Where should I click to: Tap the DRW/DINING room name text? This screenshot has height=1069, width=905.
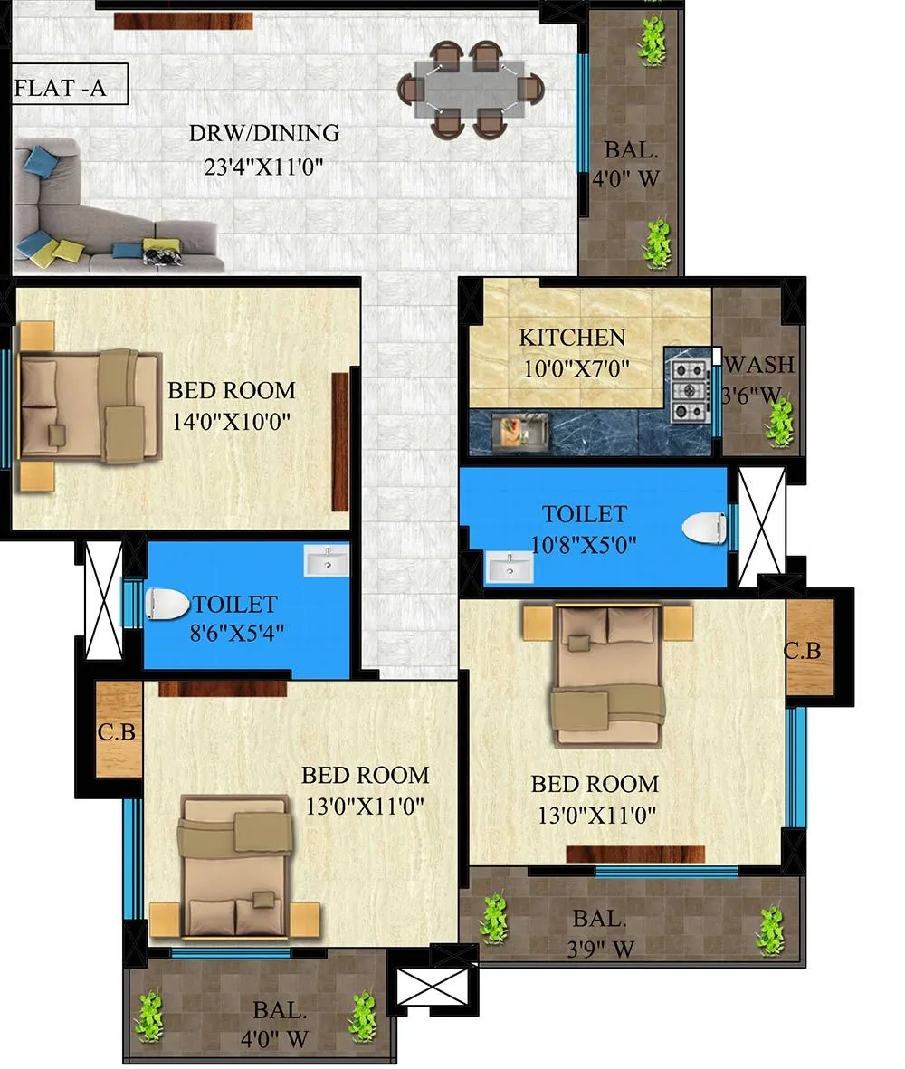(263, 134)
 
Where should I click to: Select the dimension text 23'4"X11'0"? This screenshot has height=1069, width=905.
(263, 167)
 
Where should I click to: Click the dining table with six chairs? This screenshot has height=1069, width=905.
(471, 90)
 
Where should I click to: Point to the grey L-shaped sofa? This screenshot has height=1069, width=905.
(100, 213)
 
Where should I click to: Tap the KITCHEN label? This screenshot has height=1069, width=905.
(572, 338)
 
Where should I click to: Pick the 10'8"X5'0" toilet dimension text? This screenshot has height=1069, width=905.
(584, 545)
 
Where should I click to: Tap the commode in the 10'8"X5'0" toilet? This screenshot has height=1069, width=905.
(705, 529)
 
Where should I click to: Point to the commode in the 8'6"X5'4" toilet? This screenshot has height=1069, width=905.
(168, 603)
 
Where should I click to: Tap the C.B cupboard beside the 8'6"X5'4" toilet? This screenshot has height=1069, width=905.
(118, 730)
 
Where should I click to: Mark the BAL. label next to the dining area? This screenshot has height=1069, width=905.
(625, 150)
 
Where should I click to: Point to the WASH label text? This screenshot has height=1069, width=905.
(760, 365)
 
